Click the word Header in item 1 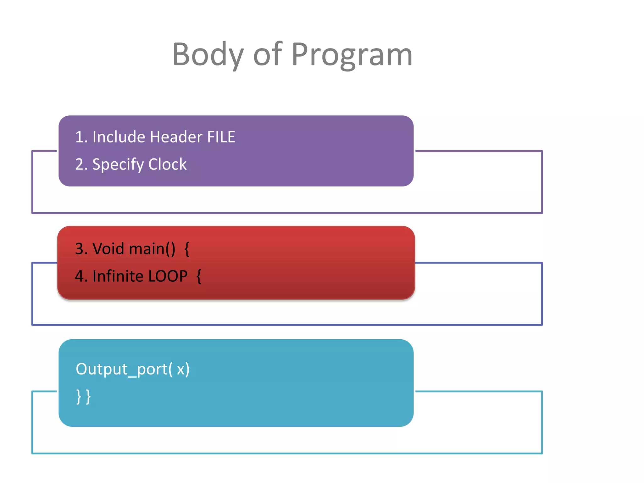pos(176,137)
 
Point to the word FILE pos(221,137)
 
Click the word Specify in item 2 pos(118,164)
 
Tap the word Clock pos(167,164)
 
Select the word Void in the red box pos(108,249)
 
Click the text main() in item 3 pos(152,249)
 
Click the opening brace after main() pos(187,249)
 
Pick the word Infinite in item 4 pos(118,276)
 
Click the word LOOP pos(168,276)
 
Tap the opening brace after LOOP pos(199,276)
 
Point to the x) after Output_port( pos(183,369)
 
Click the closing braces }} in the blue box pos(83,397)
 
